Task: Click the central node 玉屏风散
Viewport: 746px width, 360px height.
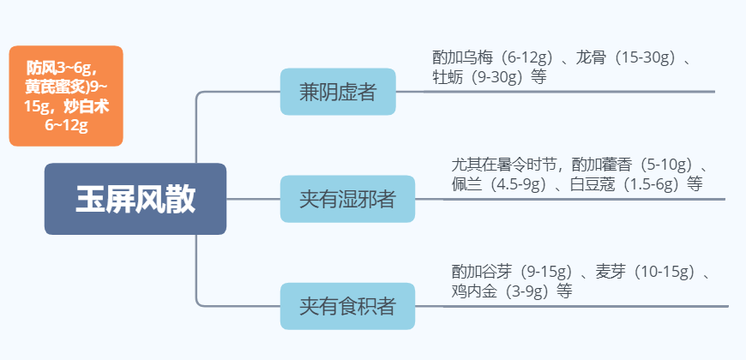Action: click(135, 199)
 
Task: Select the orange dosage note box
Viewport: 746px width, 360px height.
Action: click(66, 95)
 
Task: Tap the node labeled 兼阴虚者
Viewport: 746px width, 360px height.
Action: click(338, 92)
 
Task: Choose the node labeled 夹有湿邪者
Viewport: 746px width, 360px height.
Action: click(347, 199)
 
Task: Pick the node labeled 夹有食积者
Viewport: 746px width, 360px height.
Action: click(347, 306)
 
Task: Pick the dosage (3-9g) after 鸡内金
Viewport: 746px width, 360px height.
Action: click(526, 291)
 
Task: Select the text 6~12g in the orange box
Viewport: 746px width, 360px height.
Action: click(66, 125)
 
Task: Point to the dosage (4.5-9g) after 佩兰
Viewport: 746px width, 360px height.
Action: click(518, 184)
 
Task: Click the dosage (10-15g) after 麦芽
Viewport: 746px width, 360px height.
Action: click(664, 273)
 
